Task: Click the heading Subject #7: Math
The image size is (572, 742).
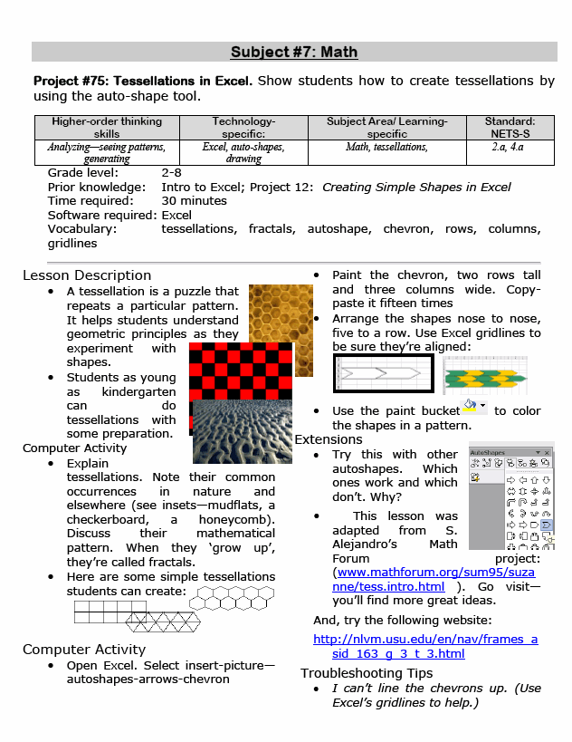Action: (294, 52)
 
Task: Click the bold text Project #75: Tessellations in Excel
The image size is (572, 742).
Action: (143, 81)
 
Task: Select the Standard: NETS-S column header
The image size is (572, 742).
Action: (510, 127)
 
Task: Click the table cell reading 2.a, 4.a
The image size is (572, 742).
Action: (510, 146)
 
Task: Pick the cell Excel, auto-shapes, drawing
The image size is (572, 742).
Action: (243, 152)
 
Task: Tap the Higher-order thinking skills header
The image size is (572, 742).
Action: (107, 127)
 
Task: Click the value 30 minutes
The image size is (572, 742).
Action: (194, 201)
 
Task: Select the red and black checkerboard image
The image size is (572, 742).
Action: (240, 371)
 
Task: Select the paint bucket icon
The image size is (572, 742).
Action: (472, 406)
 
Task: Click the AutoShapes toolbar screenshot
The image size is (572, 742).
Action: (510, 498)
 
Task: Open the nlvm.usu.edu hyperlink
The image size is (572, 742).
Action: (424, 646)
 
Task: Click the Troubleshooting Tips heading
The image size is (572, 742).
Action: (367, 672)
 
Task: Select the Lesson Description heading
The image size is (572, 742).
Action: (87, 275)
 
